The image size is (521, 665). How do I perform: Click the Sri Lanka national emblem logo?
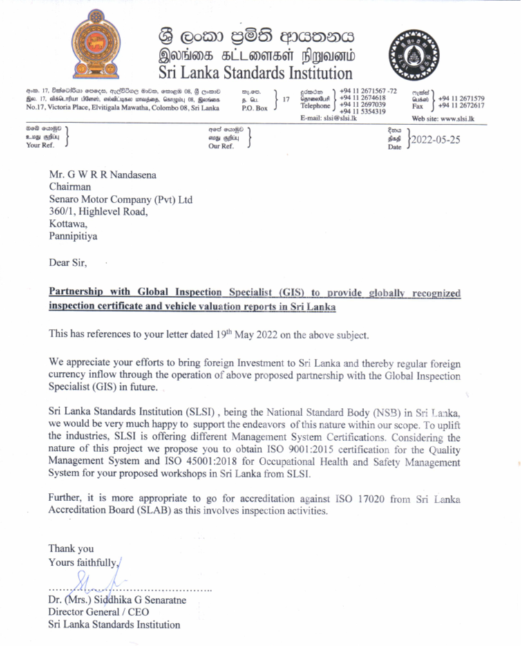(x=101, y=45)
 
